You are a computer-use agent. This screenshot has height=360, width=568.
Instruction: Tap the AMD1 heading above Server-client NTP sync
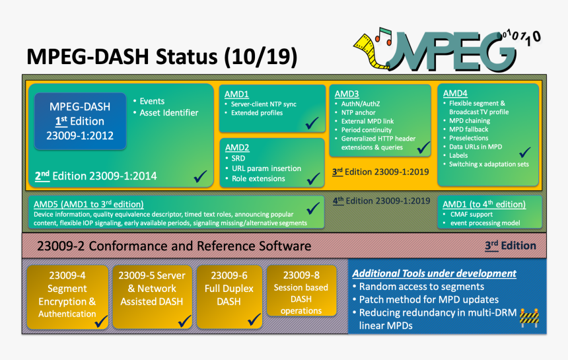237,94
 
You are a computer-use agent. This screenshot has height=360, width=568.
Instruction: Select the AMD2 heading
237,147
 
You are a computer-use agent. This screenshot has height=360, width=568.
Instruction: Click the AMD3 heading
347,94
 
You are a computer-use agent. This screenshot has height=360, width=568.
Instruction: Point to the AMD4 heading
455,93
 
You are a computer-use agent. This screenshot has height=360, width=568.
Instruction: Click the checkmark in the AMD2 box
312,179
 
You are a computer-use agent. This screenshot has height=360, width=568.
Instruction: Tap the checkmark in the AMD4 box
526,152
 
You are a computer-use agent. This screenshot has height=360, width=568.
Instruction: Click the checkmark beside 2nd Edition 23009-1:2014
199,176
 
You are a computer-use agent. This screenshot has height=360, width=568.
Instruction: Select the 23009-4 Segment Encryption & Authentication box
67,295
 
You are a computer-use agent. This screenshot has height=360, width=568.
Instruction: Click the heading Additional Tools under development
434,273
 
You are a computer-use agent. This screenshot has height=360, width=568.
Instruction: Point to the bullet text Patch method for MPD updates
429,299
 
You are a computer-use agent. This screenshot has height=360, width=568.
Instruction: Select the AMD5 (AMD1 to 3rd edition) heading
89,204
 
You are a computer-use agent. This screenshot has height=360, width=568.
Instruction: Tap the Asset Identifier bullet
168,113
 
